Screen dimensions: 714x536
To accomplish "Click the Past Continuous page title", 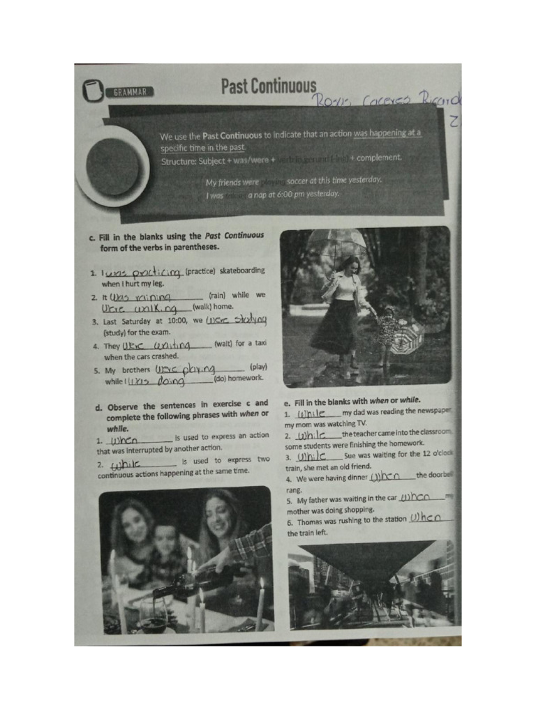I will (269, 86).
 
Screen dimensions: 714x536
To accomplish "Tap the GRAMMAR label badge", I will (129, 91).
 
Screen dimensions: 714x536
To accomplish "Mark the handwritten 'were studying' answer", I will (237, 319).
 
